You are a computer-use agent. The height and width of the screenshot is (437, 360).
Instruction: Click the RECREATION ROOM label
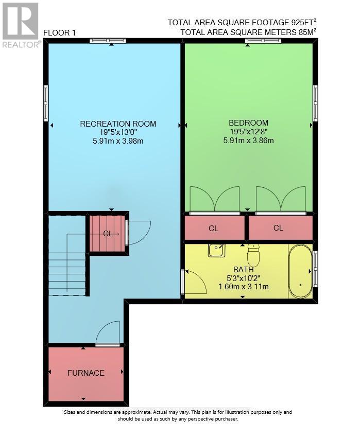pos(118,124)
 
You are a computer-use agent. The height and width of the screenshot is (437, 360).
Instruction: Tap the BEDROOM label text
pos(248,123)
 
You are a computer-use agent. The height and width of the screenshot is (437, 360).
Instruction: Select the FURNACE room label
pos(86,373)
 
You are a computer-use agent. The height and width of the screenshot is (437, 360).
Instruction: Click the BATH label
pos(244,270)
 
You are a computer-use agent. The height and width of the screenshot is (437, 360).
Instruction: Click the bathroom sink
pos(217,250)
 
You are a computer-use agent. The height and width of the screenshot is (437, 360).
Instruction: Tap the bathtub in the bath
pos(300,271)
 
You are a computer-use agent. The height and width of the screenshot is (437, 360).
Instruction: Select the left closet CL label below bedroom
pos(213,229)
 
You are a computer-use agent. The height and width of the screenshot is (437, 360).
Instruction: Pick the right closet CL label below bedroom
pos(278,228)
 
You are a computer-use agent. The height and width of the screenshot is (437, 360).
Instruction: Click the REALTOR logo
pos(20,25)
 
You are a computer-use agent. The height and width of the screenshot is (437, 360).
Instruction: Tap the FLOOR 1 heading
pos(59,33)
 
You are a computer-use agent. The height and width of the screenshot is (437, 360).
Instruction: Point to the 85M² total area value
pos(307,32)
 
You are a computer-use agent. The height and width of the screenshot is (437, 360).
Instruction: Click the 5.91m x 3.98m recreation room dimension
pos(118,141)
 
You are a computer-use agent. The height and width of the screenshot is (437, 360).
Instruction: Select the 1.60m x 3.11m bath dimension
pos(244,287)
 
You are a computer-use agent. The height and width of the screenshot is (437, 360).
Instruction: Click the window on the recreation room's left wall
pos(46,103)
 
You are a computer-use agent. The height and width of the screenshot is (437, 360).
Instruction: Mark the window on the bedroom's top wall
pos(263,41)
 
